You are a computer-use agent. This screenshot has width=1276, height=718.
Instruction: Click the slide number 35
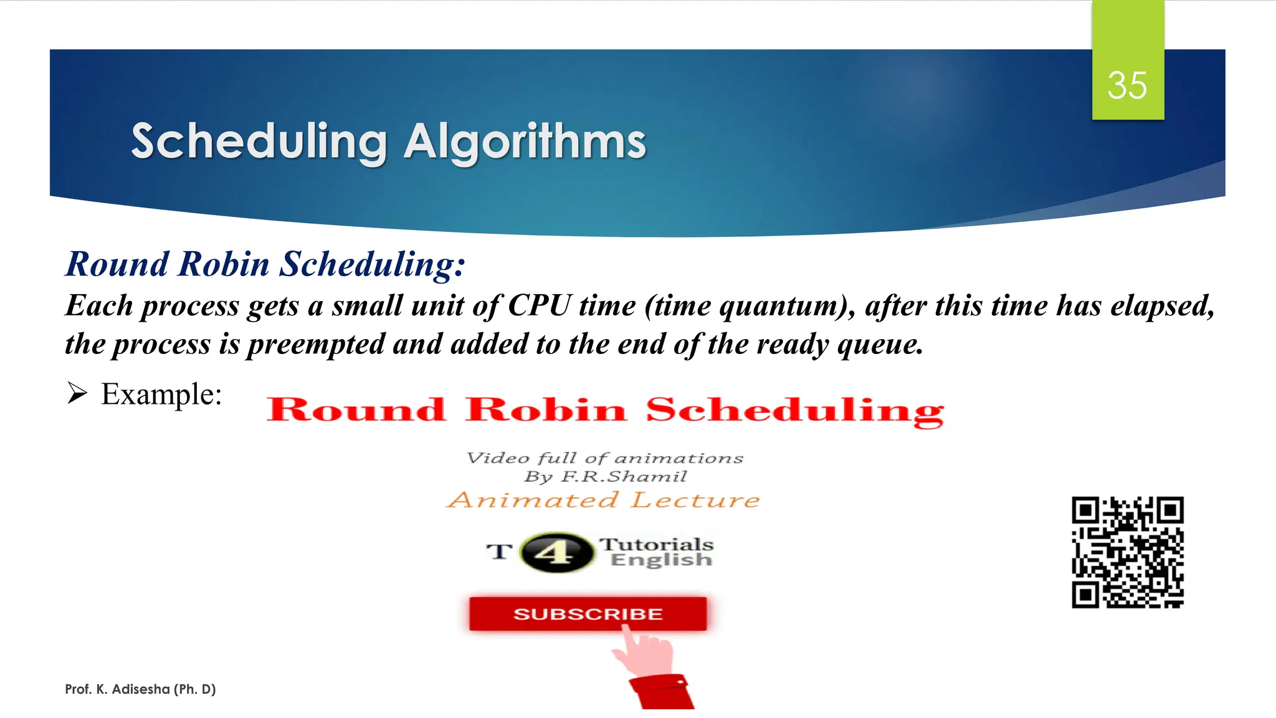coord(1127,85)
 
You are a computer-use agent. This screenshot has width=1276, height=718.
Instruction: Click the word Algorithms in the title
coord(525,142)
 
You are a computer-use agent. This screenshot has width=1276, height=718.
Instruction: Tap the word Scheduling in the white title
coord(259,142)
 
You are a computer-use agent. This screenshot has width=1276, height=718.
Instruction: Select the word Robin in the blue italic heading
coord(224,264)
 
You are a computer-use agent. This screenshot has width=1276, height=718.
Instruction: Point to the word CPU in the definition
coord(540,306)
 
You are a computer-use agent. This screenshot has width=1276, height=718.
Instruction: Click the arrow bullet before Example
coord(77,394)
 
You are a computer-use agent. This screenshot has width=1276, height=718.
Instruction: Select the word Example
coord(161,395)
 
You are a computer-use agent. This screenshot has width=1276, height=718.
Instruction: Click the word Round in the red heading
coord(356,410)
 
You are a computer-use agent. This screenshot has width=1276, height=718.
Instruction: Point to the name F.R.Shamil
coord(624,477)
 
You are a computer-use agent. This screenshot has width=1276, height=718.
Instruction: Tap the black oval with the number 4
coord(556,552)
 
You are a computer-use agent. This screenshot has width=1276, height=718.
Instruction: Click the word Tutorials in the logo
coord(657,544)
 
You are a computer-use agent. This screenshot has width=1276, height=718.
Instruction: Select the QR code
coord(1127,552)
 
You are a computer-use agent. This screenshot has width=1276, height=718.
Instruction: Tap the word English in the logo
coord(661,560)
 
